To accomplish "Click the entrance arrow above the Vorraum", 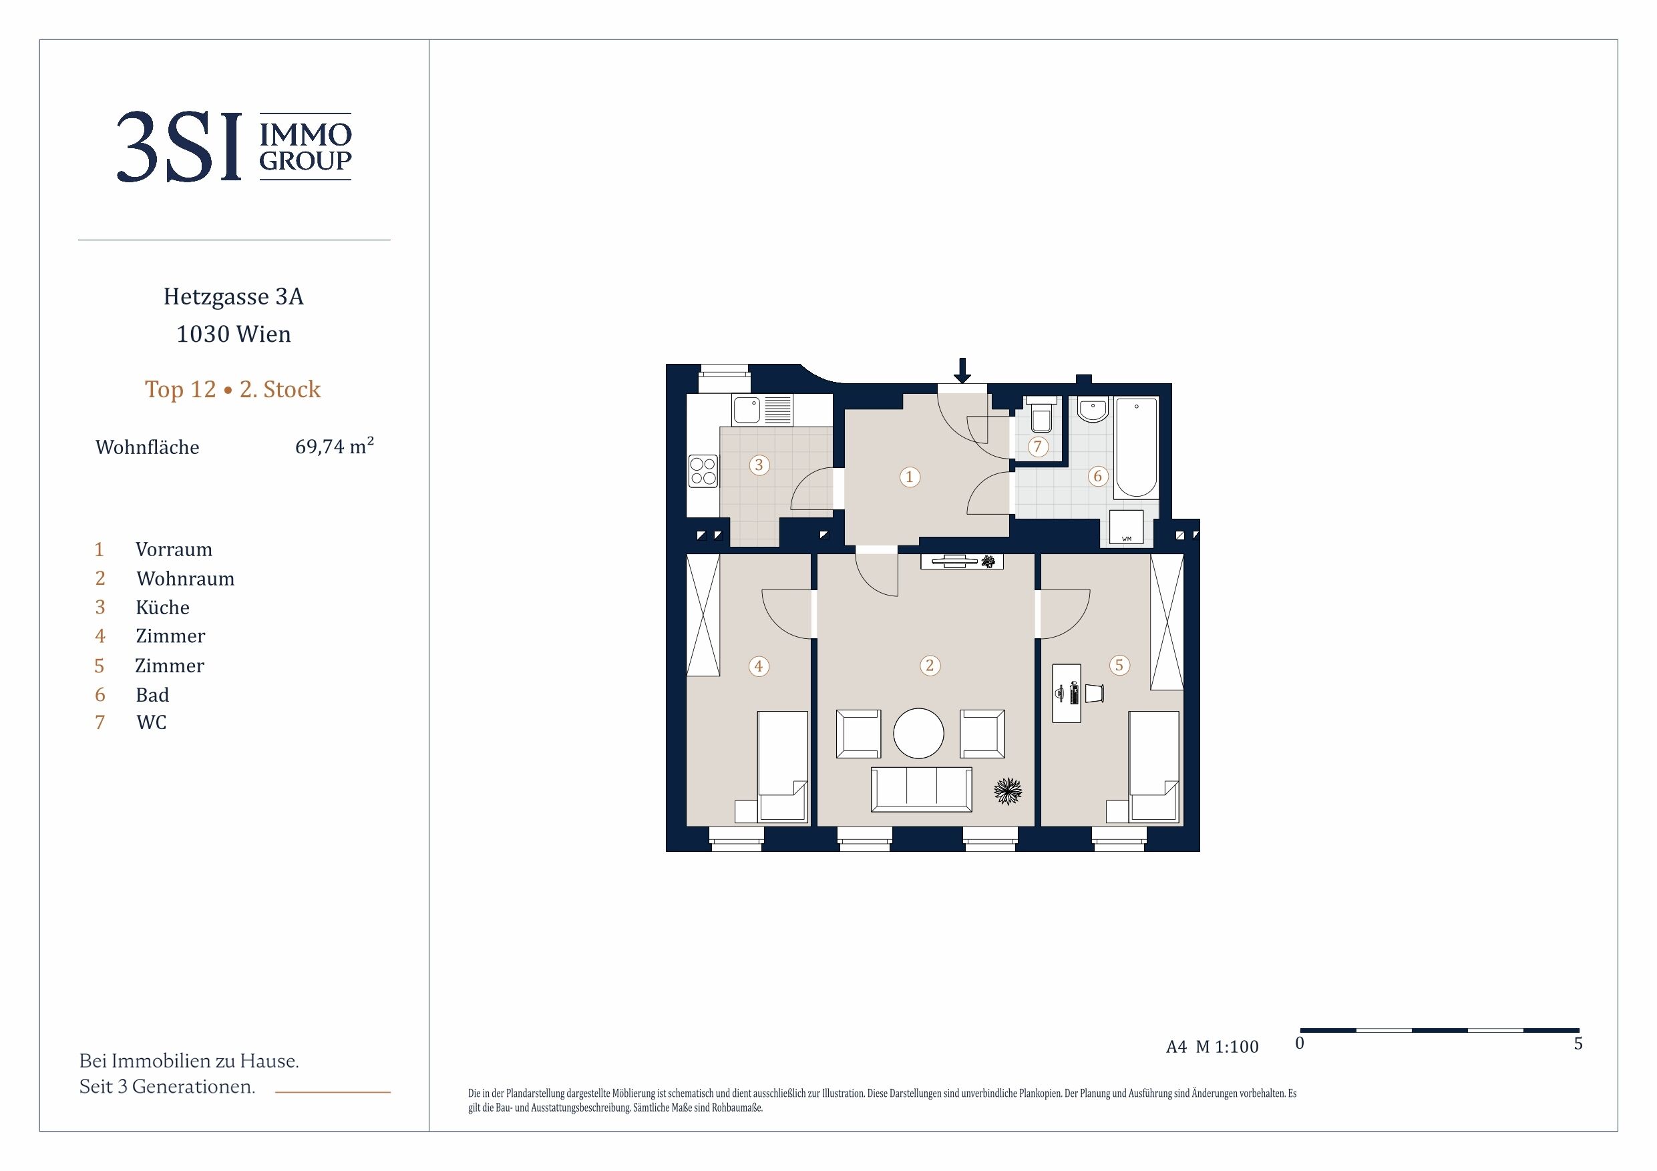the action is (962, 370).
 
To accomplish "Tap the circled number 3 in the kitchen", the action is (759, 465).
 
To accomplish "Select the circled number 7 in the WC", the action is (1038, 447).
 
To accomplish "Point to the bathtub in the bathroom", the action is (1137, 447).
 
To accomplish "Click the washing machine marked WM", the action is (1127, 527).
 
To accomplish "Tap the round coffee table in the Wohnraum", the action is (919, 733).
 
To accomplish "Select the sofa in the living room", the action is (922, 789).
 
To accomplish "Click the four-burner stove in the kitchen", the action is (703, 471).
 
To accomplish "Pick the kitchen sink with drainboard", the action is (762, 410).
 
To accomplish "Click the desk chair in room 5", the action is (1095, 692).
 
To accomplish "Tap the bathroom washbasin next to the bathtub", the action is (1093, 409).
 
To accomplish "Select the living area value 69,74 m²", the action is (334, 445).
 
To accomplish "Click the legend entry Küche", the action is (162, 607).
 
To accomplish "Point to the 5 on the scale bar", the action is (1578, 1043).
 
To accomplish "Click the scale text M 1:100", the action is (1227, 1047).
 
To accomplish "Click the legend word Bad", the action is (152, 695).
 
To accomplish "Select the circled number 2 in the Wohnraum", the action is (930, 665).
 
